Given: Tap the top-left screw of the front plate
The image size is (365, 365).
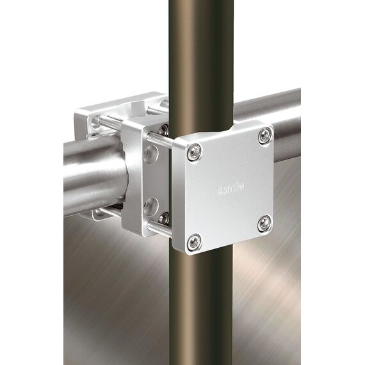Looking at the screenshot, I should (x=194, y=152).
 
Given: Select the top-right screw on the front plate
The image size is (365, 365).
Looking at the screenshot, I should (x=264, y=134).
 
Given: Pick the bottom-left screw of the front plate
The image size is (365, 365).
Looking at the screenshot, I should (x=193, y=242).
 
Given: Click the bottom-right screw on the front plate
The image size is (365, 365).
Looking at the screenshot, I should (x=263, y=223).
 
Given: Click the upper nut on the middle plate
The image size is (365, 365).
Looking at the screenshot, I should (x=164, y=130).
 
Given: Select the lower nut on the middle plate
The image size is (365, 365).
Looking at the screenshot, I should (x=164, y=218).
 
